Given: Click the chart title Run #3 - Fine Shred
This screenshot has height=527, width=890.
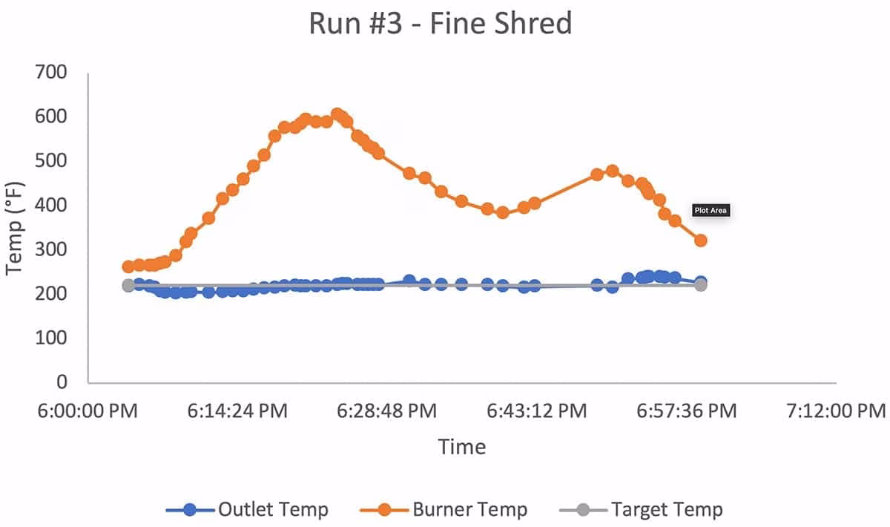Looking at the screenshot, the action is [441, 23].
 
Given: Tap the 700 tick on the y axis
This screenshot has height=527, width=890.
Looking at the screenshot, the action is [51, 73].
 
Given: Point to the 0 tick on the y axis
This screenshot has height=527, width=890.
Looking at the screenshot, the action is [62, 382].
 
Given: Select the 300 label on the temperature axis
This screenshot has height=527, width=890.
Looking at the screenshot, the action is [51, 249].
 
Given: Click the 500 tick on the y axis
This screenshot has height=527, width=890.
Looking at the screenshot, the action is [51, 160].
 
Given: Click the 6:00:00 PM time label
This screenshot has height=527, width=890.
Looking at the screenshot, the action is [88, 411].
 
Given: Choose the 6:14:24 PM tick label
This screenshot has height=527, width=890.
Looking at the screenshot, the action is [237, 411].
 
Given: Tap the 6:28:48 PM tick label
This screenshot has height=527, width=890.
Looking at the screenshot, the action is [387, 411].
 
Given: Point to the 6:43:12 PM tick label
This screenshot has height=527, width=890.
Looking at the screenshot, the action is [537, 411].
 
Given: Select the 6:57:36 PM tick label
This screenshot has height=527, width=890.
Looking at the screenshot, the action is [687, 411].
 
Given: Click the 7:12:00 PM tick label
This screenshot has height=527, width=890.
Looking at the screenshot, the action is [837, 411].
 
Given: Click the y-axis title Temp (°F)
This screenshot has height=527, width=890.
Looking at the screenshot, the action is [14, 229].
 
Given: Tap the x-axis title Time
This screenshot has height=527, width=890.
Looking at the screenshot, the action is [461, 447].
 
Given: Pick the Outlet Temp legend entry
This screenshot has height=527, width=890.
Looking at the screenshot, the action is [247, 509].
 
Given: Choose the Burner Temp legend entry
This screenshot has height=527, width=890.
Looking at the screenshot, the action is [444, 509].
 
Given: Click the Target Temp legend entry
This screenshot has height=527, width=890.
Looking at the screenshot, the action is [641, 509].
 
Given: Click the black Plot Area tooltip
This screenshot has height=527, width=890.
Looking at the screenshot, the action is [711, 210].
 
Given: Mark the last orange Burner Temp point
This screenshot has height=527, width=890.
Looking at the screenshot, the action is [701, 240].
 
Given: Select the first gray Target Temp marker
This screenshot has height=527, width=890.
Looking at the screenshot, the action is [128, 286].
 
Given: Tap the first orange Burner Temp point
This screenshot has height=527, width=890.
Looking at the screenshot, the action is [128, 267].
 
